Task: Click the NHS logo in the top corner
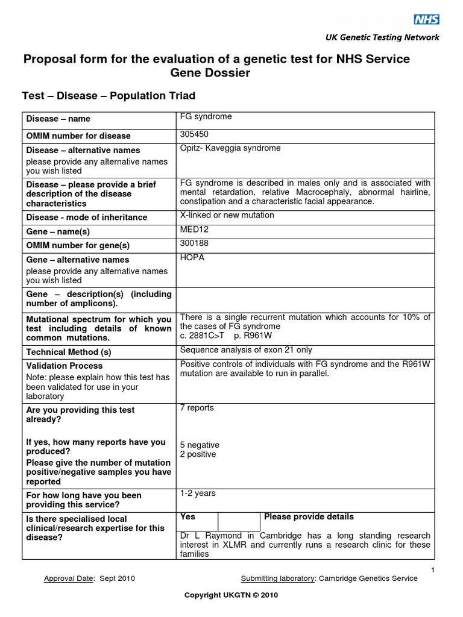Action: click(426, 20)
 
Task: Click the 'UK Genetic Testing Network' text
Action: click(382, 37)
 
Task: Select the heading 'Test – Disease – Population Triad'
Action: click(109, 96)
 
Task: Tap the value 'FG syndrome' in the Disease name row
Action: click(206, 117)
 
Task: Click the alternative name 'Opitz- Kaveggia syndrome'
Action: click(230, 148)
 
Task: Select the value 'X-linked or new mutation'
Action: click(227, 215)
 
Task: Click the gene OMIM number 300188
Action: click(194, 243)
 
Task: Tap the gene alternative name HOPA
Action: click(192, 258)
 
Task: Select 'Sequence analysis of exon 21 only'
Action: click(246, 350)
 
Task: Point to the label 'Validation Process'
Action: click(65, 366)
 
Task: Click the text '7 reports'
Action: click(197, 408)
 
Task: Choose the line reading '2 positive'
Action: click(198, 454)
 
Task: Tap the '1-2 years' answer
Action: click(198, 493)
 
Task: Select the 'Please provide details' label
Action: click(309, 517)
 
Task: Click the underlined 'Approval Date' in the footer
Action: click(69, 579)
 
